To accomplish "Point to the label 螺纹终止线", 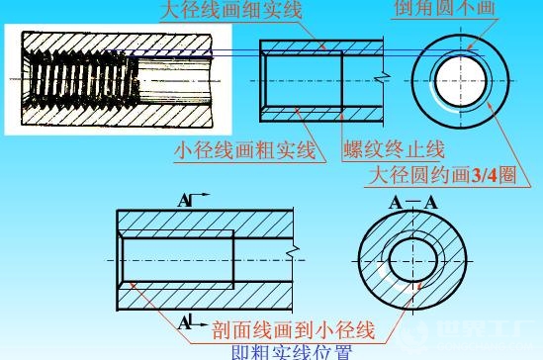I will tap(394, 150).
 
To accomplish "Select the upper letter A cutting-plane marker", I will tap(185, 202).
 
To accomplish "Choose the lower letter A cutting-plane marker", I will tap(185, 321).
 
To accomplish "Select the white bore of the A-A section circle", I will tap(410, 261).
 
